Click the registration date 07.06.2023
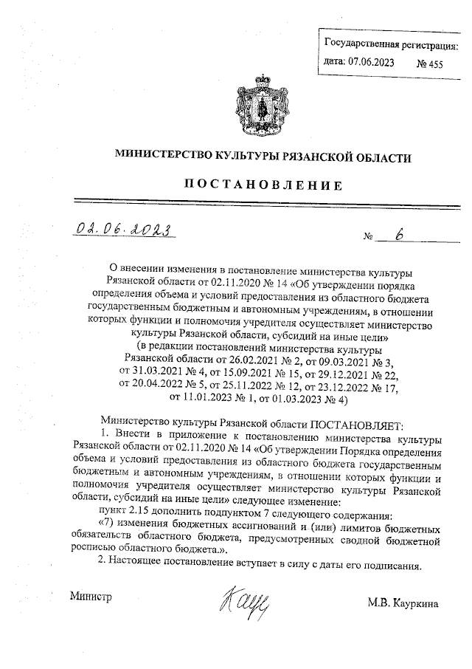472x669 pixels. point(369,63)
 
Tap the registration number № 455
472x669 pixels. point(430,64)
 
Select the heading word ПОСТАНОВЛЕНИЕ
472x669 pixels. point(262,185)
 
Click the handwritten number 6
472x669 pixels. point(399,234)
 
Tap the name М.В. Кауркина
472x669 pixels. point(403,603)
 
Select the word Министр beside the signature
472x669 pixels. point(90,596)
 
